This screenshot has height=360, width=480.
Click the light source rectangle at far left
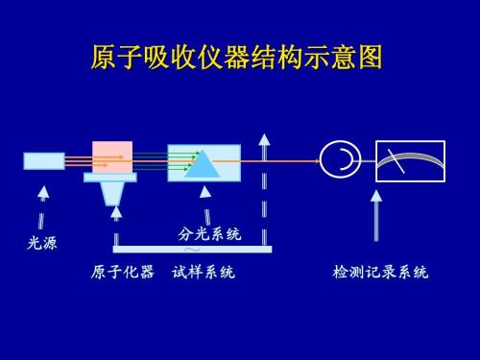(43, 161)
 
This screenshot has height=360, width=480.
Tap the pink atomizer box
(111, 157)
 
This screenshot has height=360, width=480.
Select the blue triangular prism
(203, 163)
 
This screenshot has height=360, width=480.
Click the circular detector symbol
(337, 159)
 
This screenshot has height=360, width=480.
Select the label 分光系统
(210, 233)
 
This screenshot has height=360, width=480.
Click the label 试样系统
(204, 274)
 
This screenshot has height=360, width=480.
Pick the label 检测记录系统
(375, 274)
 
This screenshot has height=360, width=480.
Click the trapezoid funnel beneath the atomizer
(114, 194)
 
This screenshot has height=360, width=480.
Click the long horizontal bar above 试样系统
(192, 250)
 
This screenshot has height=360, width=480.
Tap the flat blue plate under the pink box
(111, 178)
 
